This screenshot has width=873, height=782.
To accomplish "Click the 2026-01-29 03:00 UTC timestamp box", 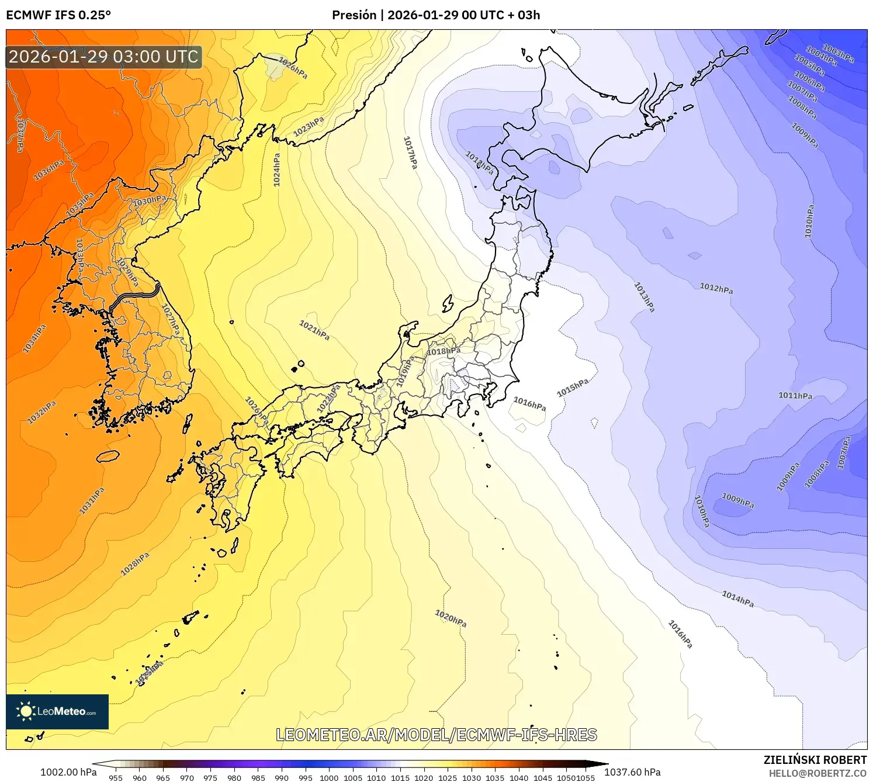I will [x=104, y=57].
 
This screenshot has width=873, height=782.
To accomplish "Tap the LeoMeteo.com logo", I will [x=57, y=711].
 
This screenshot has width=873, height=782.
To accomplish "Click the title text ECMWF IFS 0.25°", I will [x=58, y=15].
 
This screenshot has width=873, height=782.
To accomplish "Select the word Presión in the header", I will [x=354, y=15].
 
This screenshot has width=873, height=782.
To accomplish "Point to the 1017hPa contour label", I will [x=411, y=153].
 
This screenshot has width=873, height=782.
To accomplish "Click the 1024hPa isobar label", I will [x=277, y=169].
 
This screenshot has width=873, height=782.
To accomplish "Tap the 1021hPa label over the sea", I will [x=314, y=330].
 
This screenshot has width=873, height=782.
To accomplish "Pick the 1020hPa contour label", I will [x=451, y=618].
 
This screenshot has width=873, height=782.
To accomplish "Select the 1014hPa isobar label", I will [x=737, y=599].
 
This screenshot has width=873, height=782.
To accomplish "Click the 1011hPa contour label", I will [x=795, y=396].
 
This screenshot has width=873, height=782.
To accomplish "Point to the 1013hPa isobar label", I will [x=645, y=297].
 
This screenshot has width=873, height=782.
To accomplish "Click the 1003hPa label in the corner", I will [x=838, y=53].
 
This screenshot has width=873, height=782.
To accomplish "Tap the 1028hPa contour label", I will [x=135, y=564].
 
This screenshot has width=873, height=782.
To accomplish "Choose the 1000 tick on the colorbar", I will [x=329, y=777].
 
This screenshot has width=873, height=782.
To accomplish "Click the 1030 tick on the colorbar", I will [x=472, y=777].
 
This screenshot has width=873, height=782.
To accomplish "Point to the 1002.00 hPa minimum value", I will [x=68, y=772].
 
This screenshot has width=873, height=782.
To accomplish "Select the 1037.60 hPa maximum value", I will [x=632, y=772].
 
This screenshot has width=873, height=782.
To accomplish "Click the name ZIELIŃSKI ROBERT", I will [x=815, y=760].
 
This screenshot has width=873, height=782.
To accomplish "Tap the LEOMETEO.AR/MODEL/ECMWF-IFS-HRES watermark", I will [x=437, y=735].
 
